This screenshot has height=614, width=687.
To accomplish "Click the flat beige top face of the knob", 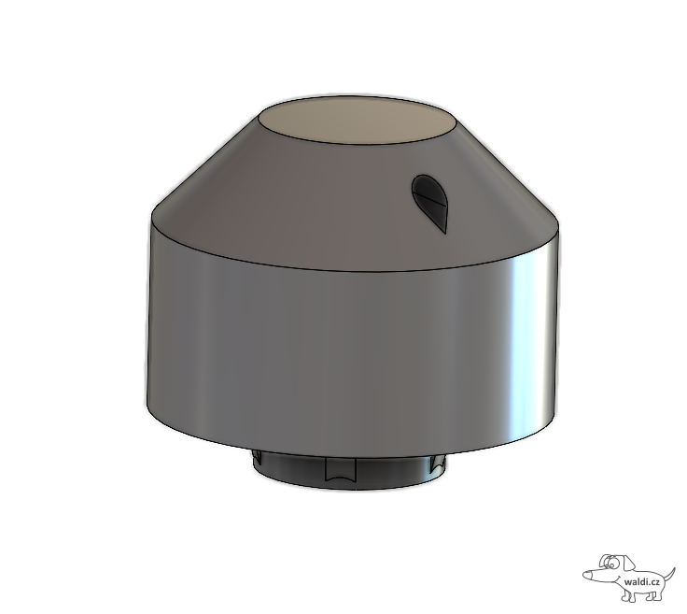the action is tap(357, 121).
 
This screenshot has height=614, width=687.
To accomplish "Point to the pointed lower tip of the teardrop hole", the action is tap(445, 234).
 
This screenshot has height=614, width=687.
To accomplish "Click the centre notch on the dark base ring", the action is tap(341, 469).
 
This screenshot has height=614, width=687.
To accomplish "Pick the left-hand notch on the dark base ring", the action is tap(258, 458).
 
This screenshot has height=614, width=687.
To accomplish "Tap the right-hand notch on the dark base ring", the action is tap(437, 464).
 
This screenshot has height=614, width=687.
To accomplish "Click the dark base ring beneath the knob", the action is tap(350, 471).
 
